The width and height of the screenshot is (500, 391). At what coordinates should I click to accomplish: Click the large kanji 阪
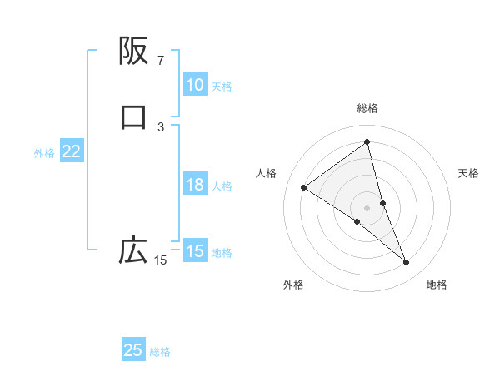click(x=133, y=51)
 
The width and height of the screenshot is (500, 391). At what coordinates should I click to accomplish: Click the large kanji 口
click(x=133, y=117)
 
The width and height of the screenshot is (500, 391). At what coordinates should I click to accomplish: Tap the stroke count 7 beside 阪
click(x=160, y=61)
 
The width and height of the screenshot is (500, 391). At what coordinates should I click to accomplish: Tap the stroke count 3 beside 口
click(x=161, y=127)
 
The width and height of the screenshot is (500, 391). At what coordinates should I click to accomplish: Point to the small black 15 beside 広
click(x=160, y=260)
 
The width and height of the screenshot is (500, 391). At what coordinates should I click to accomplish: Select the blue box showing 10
click(x=194, y=85)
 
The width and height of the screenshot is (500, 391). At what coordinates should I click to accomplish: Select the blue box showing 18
click(x=194, y=185)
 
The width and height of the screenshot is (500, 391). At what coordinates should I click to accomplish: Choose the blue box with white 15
click(x=194, y=251)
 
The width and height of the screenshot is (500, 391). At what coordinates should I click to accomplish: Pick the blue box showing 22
click(x=71, y=151)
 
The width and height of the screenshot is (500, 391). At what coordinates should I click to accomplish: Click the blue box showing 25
click(x=133, y=350)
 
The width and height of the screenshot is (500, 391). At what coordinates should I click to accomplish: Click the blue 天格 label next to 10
click(x=222, y=86)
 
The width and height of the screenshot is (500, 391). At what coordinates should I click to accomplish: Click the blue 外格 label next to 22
click(x=44, y=152)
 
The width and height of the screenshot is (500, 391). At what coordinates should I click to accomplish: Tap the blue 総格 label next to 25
click(x=160, y=352)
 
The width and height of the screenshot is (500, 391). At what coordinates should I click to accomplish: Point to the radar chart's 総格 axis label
click(x=367, y=108)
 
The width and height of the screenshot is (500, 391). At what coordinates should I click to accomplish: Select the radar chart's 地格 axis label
click(x=437, y=285)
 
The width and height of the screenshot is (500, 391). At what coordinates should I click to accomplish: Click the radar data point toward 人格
click(x=303, y=187)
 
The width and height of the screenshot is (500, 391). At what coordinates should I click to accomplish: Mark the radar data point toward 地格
click(x=407, y=263)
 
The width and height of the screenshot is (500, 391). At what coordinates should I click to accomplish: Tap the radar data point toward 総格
click(x=367, y=142)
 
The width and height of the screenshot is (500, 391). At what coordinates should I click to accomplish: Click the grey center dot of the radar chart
click(x=367, y=207)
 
